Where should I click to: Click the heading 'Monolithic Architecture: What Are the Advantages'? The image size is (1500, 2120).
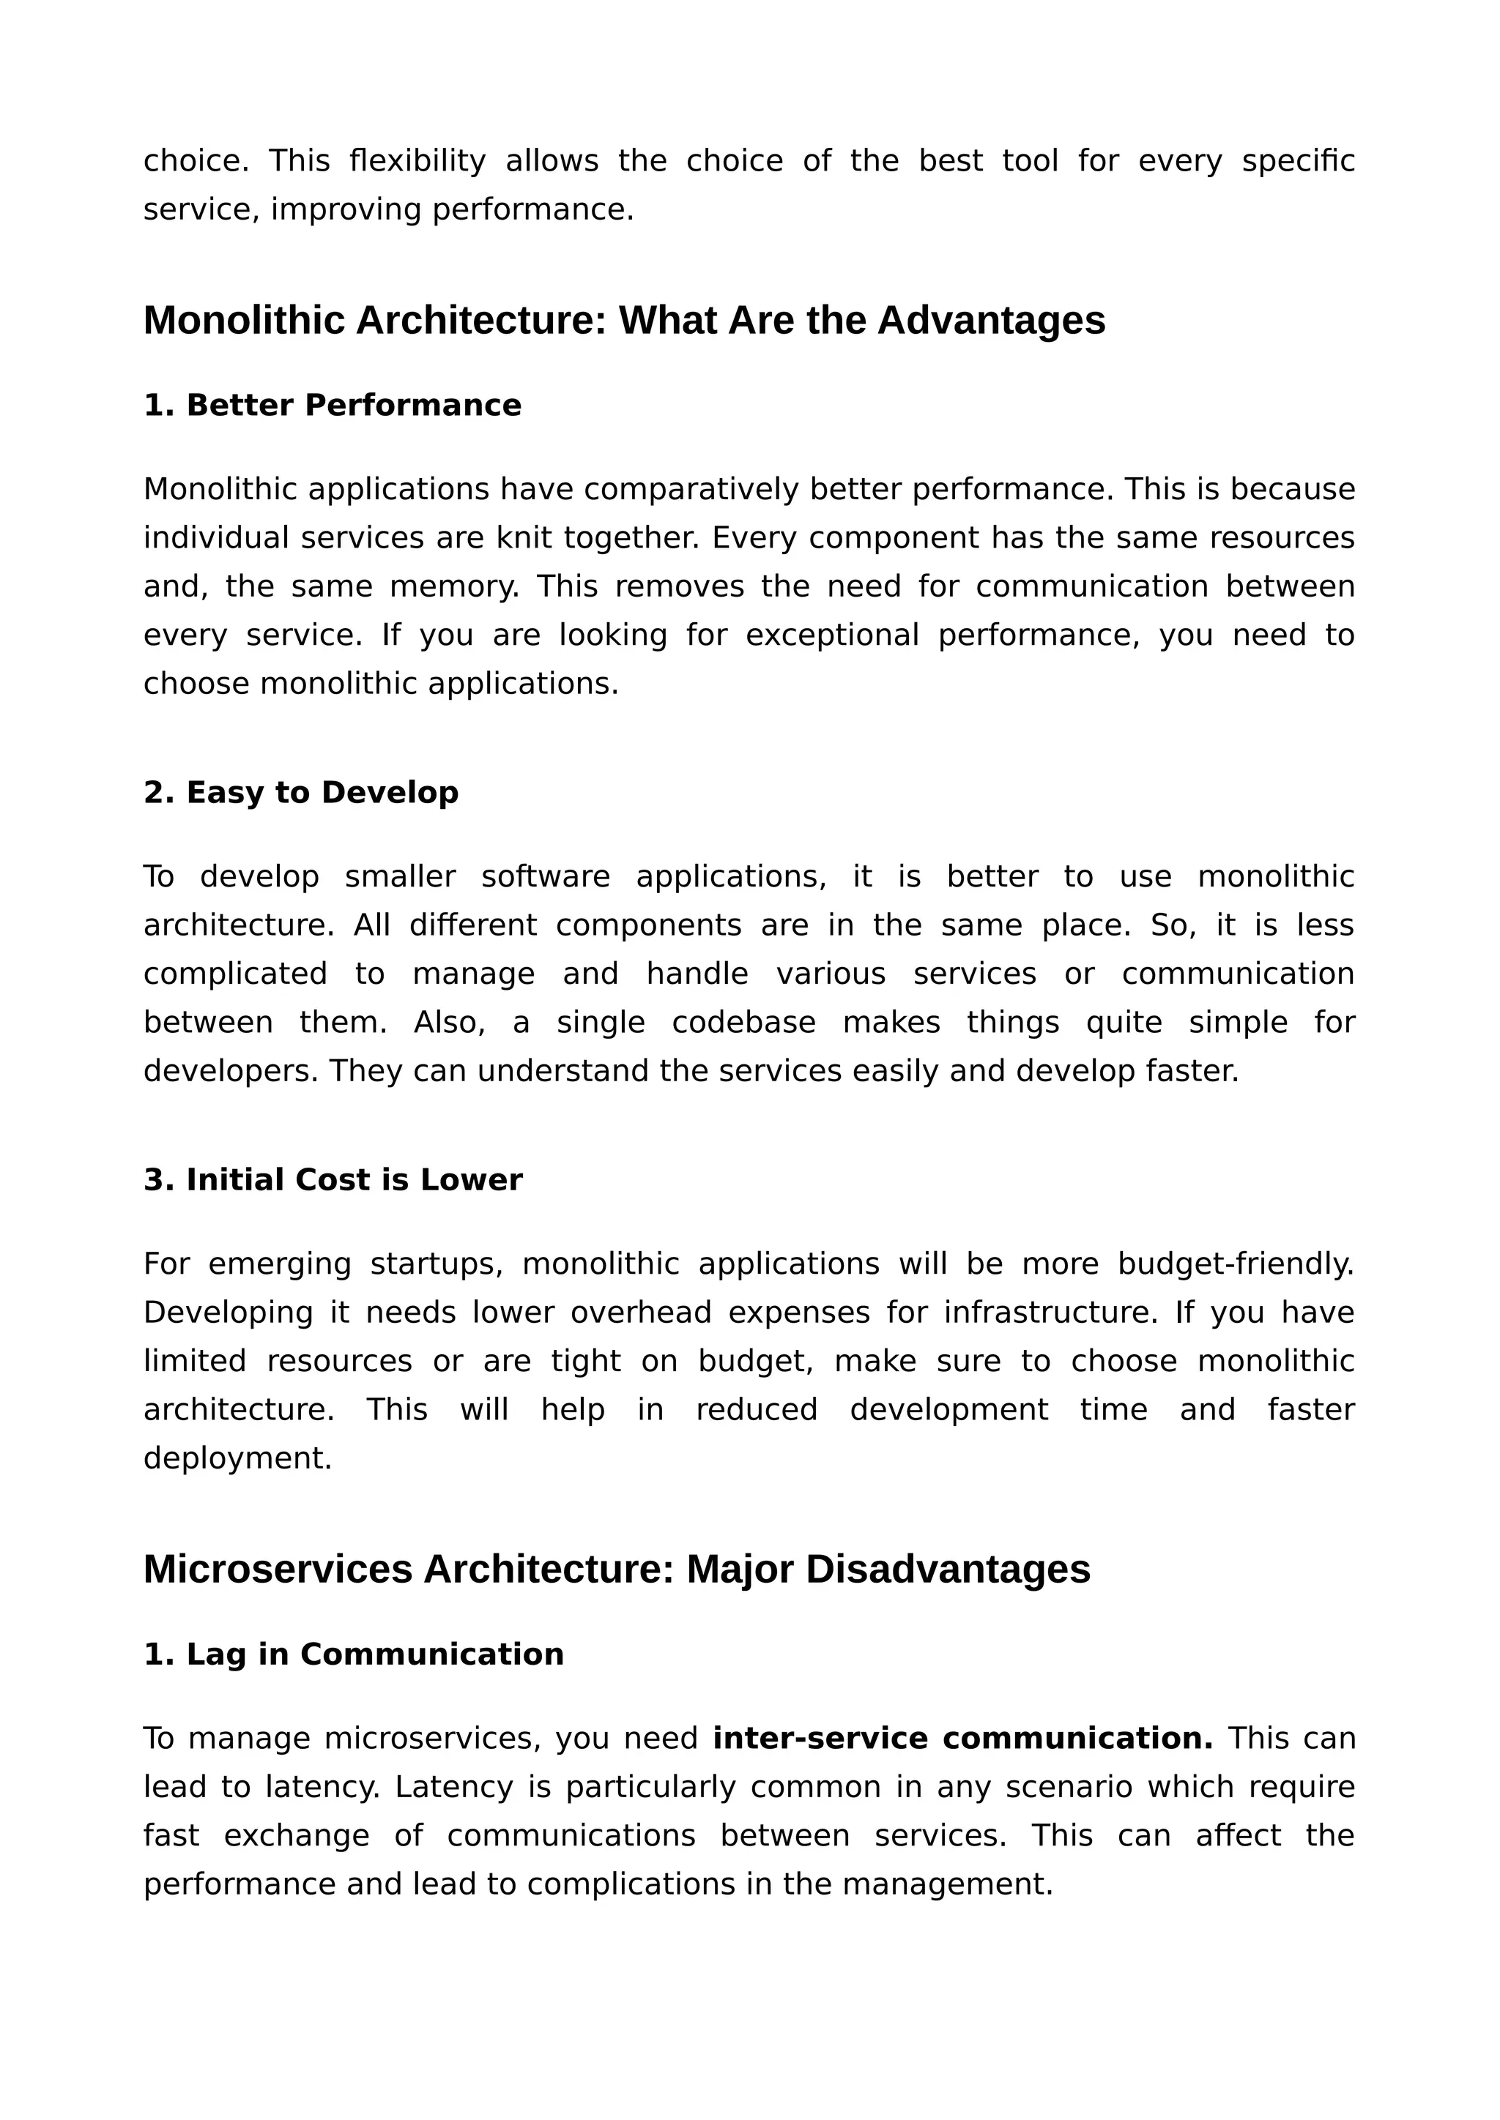click(623, 321)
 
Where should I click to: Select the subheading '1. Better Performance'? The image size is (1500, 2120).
click(333, 406)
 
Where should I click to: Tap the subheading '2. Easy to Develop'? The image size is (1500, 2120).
click(301, 792)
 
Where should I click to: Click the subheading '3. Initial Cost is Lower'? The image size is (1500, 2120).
click(333, 1180)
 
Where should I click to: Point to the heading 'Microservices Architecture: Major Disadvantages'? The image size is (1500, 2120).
click(616, 1569)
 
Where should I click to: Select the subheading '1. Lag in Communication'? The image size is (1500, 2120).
click(354, 1654)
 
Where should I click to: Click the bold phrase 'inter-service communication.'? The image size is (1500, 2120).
click(962, 1739)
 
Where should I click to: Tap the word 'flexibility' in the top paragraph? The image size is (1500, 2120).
click(417, 162)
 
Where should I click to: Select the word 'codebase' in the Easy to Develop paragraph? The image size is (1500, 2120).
click(743, 1023)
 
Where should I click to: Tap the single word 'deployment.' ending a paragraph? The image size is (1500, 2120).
click(237, 1458)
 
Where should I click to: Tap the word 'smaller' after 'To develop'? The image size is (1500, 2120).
click(400, 877)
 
